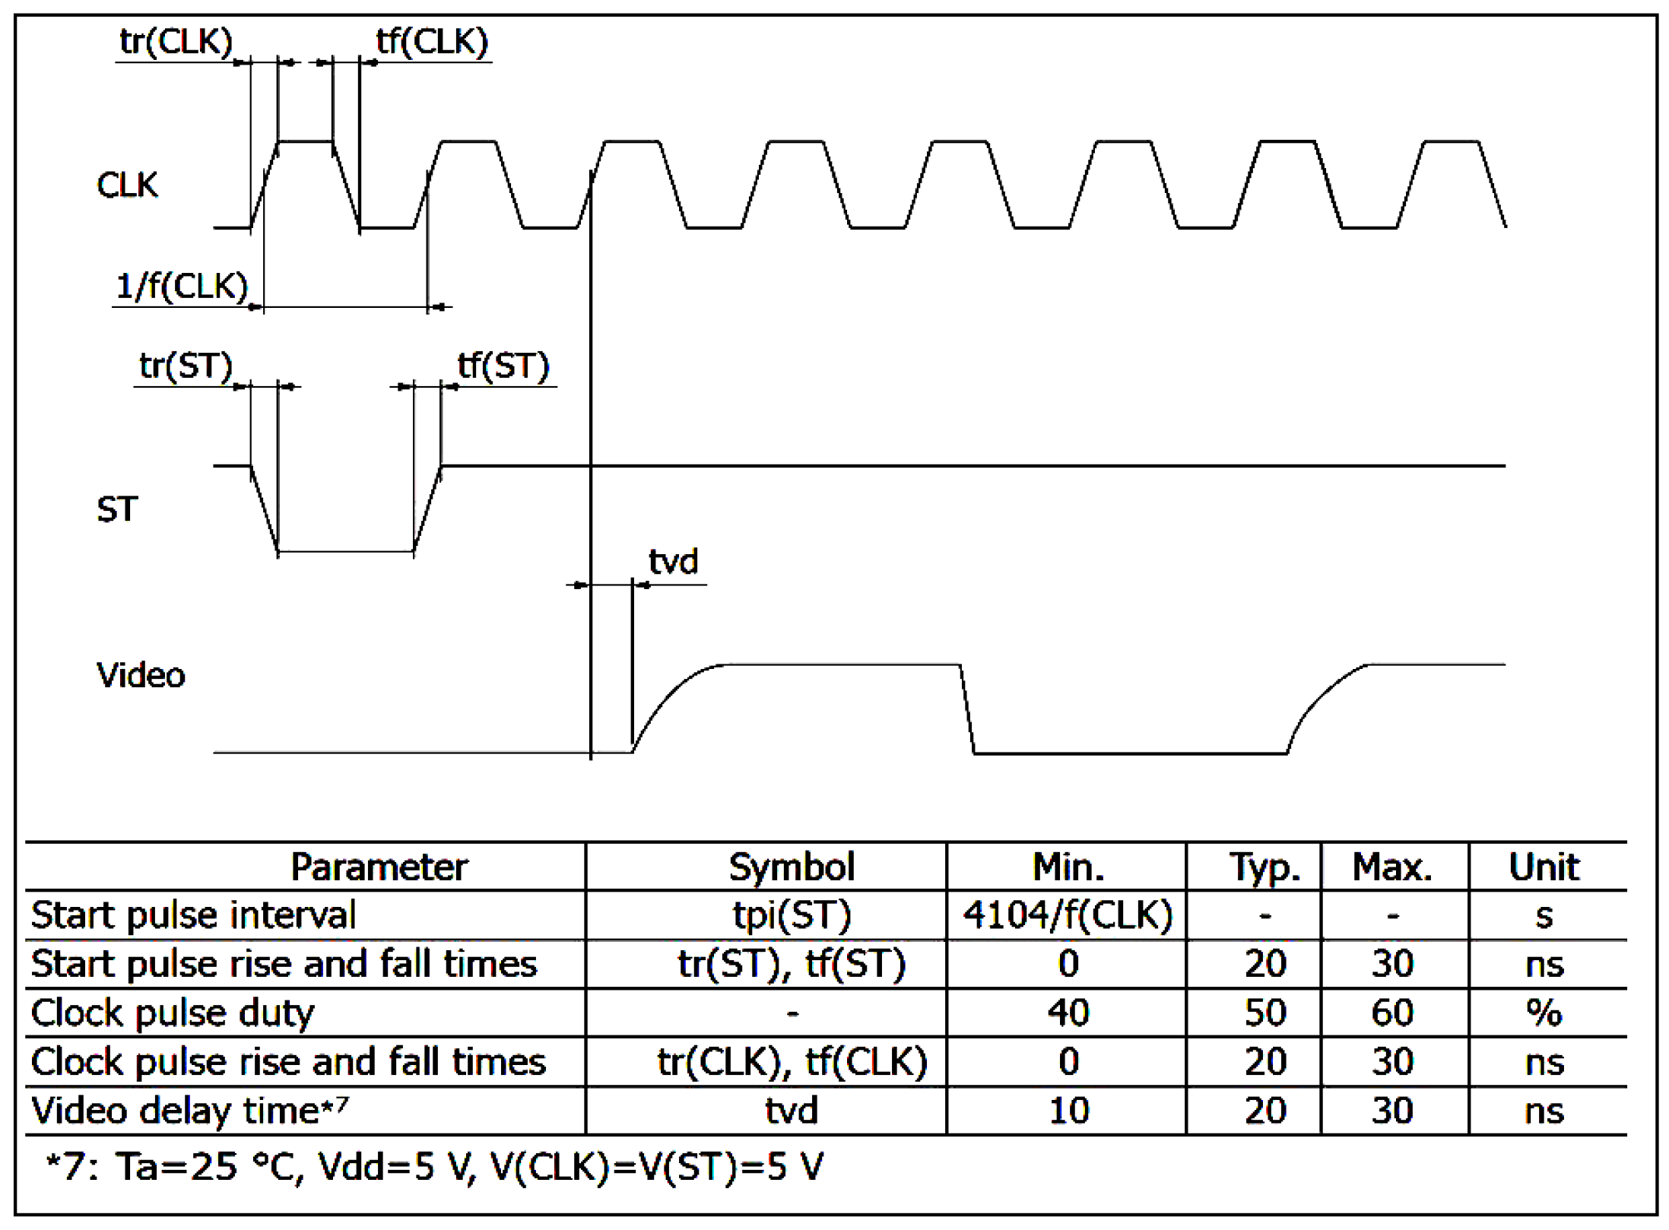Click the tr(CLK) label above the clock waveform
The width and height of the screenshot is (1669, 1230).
point(176,41)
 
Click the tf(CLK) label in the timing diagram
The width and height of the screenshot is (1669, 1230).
point(432,41)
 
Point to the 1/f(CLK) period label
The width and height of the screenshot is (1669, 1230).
point(182,287)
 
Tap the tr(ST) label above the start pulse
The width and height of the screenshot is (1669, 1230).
point(186,366)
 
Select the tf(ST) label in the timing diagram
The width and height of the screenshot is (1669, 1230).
point(503,366)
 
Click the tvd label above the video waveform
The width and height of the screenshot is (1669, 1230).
point(673,562)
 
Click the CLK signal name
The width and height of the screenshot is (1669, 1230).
point(127,185)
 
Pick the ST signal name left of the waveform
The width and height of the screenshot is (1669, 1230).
point(117,509)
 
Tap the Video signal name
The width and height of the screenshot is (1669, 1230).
point(141,675)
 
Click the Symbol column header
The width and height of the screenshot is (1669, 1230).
point(791,867)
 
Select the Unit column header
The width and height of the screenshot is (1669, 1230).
point(1544,867)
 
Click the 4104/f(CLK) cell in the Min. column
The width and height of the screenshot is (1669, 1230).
point(1068,915)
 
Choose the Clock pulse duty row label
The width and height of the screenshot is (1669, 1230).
point(173,1013)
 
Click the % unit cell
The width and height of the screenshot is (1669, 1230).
point(1544,1013)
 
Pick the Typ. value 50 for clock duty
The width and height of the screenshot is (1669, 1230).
point(1264,1013)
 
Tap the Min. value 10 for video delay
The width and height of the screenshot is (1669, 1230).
point(1068,1111)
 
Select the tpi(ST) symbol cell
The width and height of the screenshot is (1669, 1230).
point(791,915)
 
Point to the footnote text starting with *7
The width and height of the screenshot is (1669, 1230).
point(433,1166)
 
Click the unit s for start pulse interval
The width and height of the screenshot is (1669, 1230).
point(1544,916)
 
